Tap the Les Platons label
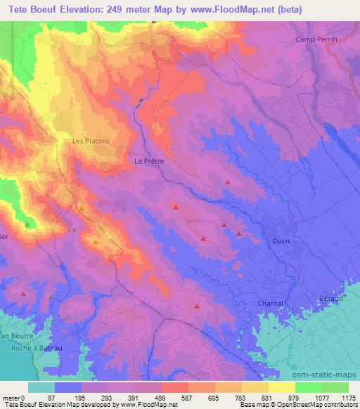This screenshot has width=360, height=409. point(91,141)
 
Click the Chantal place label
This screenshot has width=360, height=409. point(270,304)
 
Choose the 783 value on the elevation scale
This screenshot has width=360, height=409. point(240,398)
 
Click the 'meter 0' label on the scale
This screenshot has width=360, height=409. point(14,398)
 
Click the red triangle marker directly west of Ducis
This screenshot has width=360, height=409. point(239,233)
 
